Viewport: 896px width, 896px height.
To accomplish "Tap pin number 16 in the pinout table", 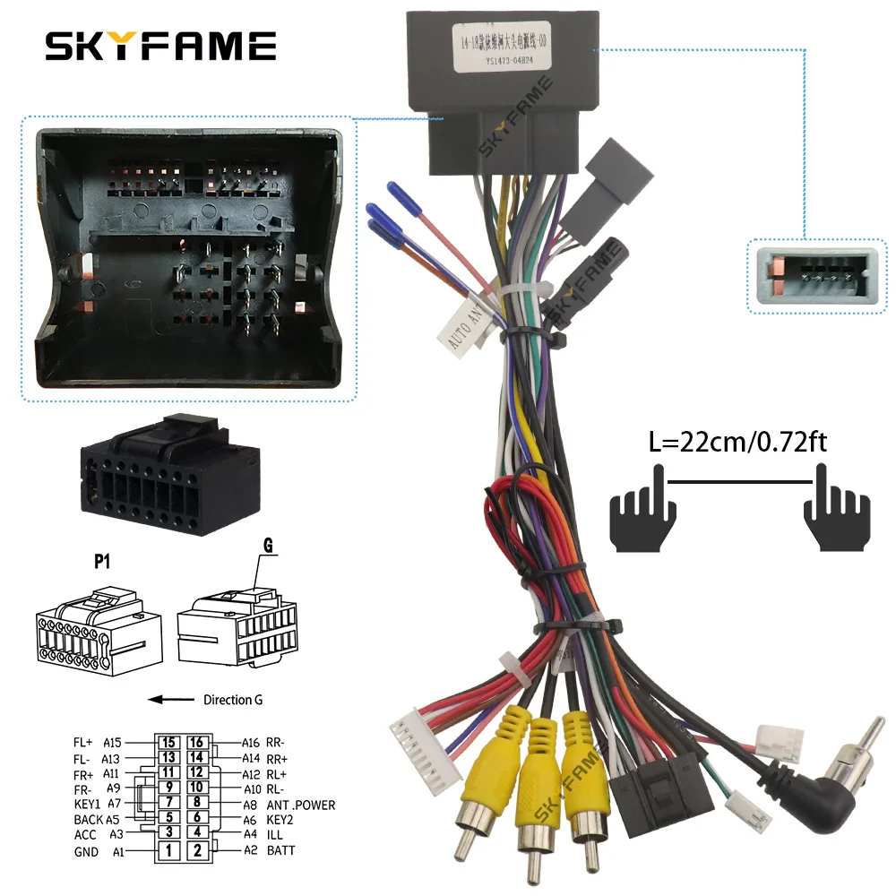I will coord(198,742).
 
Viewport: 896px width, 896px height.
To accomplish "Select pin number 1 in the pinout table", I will coord(168,849).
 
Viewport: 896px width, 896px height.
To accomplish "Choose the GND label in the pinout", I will coord(86,851).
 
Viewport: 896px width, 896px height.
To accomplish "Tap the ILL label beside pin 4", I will coord(274,834).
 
